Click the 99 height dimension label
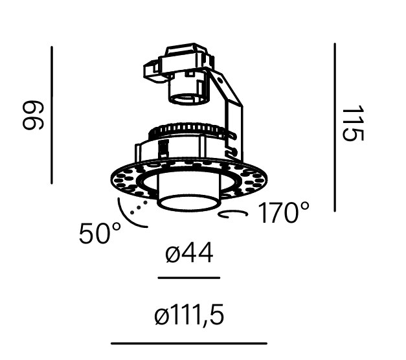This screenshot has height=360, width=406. pyautogui.click(x=33, y=115)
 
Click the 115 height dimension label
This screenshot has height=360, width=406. pyautogui.click(x=353, y=123)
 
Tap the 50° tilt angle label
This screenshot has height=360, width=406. pyautogui.click(x=100, y=233)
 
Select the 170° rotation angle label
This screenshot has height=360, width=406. pyautogui.click(x=284, y=212)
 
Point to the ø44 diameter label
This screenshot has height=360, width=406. pyautogui.click(x=189, y=253)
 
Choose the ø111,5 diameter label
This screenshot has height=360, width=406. pyautogui.click(x=189, y=315)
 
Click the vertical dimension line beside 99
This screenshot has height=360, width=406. pyautogui.click(x=52, y=115)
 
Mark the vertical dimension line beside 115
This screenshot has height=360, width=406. pyautogui.click(x=335, y=128)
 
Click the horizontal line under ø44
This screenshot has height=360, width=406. pyautogui.click(x=189, y=278)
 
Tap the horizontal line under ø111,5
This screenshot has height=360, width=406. pyautogui.click(x=189, y=343)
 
